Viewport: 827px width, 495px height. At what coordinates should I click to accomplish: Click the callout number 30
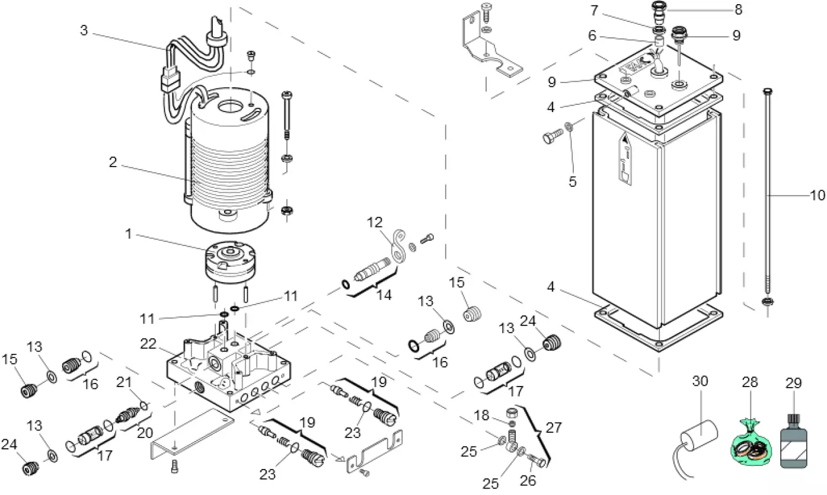pyautogui.click(x=700, y=383)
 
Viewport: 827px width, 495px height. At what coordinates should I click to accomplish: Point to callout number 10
pyautogui.click(x=817, y=195)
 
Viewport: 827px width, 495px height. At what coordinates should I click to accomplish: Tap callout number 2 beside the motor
pyautogui.click(x=113, y=162)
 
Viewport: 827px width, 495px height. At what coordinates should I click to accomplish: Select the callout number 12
pyautogui.click(x=375, y=222)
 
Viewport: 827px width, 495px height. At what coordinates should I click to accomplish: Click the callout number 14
pyautogui.click(x=386, y=294)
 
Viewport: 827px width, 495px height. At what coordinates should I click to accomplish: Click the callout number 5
pyautogui.click(x=572, y=181)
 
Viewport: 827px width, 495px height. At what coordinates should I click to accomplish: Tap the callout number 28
pyautogui.click(x=750, y=383)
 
